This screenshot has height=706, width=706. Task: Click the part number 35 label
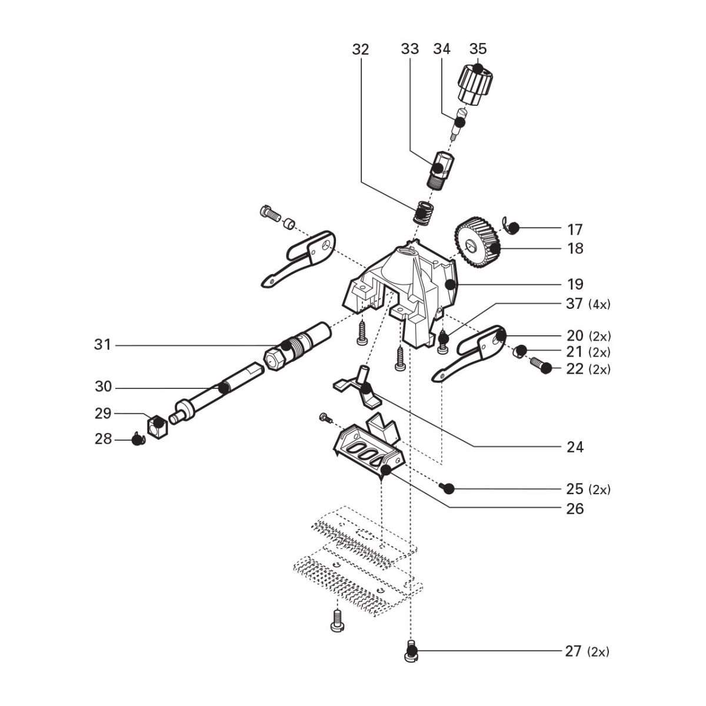tap(478, 49)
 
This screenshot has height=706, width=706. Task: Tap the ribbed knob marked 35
tap(475, 85)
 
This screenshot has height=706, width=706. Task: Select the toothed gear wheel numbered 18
tap(477, 242)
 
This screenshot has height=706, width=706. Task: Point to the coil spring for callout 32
tap(424, 213)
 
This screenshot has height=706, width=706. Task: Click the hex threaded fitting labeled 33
tap(441, 170)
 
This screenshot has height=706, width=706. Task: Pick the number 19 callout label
tap(575, 284)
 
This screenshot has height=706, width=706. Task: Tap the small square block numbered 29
tap(158, 426)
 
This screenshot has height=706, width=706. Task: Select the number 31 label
tap(102, 345)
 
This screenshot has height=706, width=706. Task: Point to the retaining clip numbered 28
tap(138, 439)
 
